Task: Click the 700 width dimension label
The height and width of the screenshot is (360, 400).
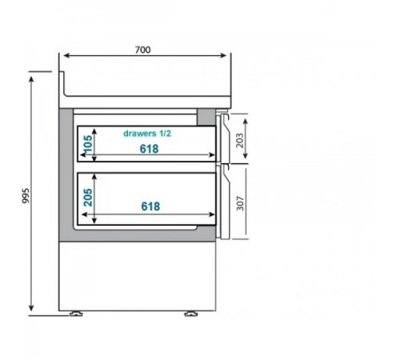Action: [x=142, y=49]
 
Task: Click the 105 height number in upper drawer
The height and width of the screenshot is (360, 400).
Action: [x=88, y=144]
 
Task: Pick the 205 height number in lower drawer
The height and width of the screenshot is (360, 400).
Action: [x=88, y=197]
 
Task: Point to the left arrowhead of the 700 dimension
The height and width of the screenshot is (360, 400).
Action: [x=66, y=56]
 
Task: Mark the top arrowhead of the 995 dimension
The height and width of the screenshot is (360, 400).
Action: [x=31, y=83]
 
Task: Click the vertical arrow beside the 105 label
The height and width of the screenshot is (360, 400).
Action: [x=96, y=144]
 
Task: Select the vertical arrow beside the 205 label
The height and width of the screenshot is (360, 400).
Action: [x=96, y=198]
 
